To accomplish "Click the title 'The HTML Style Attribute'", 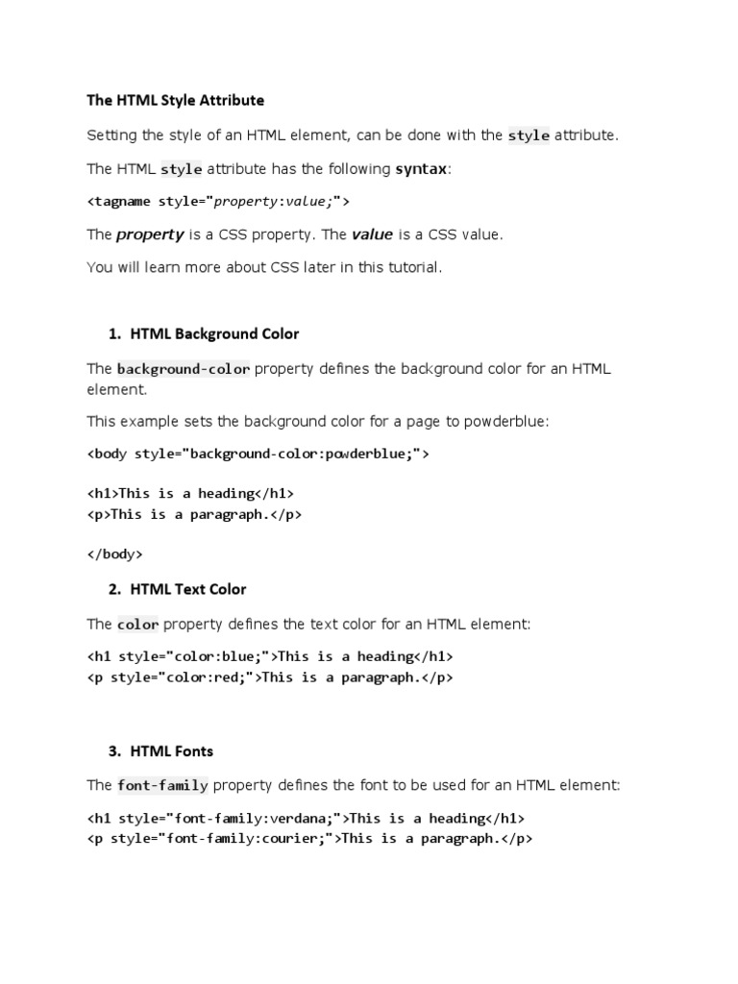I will (175, 100).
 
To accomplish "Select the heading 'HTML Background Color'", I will (214, 334).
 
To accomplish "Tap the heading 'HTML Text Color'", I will (188, 589).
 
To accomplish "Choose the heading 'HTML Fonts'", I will (172, 751).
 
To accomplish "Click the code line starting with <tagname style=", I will (218, 202).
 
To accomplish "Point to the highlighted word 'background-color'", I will (184, 369).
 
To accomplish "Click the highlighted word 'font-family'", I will (162, 786).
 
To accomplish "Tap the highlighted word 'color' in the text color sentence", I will (137, 625).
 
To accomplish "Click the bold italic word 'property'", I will (150, 234).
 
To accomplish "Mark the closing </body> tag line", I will (115, 554).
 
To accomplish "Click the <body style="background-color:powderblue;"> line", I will (258, 454).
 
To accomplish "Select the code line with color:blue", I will (269, 657).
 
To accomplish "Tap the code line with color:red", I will (269, 677).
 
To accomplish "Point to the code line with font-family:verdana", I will (306, 819).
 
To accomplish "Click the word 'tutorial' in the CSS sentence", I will (412, 267).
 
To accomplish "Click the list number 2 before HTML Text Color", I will (114, 589).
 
